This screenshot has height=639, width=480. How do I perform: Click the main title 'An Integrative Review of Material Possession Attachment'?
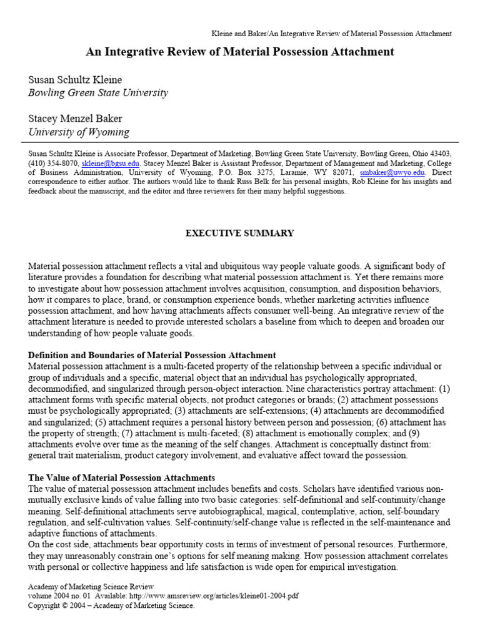240,52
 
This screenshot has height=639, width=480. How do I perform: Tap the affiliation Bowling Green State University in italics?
98,93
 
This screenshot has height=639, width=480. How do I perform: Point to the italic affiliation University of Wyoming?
79,132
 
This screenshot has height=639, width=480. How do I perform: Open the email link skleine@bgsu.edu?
107,163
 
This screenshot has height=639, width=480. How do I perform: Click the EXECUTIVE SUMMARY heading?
239,233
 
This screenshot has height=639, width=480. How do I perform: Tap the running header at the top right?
330,34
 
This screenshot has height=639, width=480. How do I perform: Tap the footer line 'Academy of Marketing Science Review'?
91,587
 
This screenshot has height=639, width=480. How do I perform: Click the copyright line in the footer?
112,605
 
